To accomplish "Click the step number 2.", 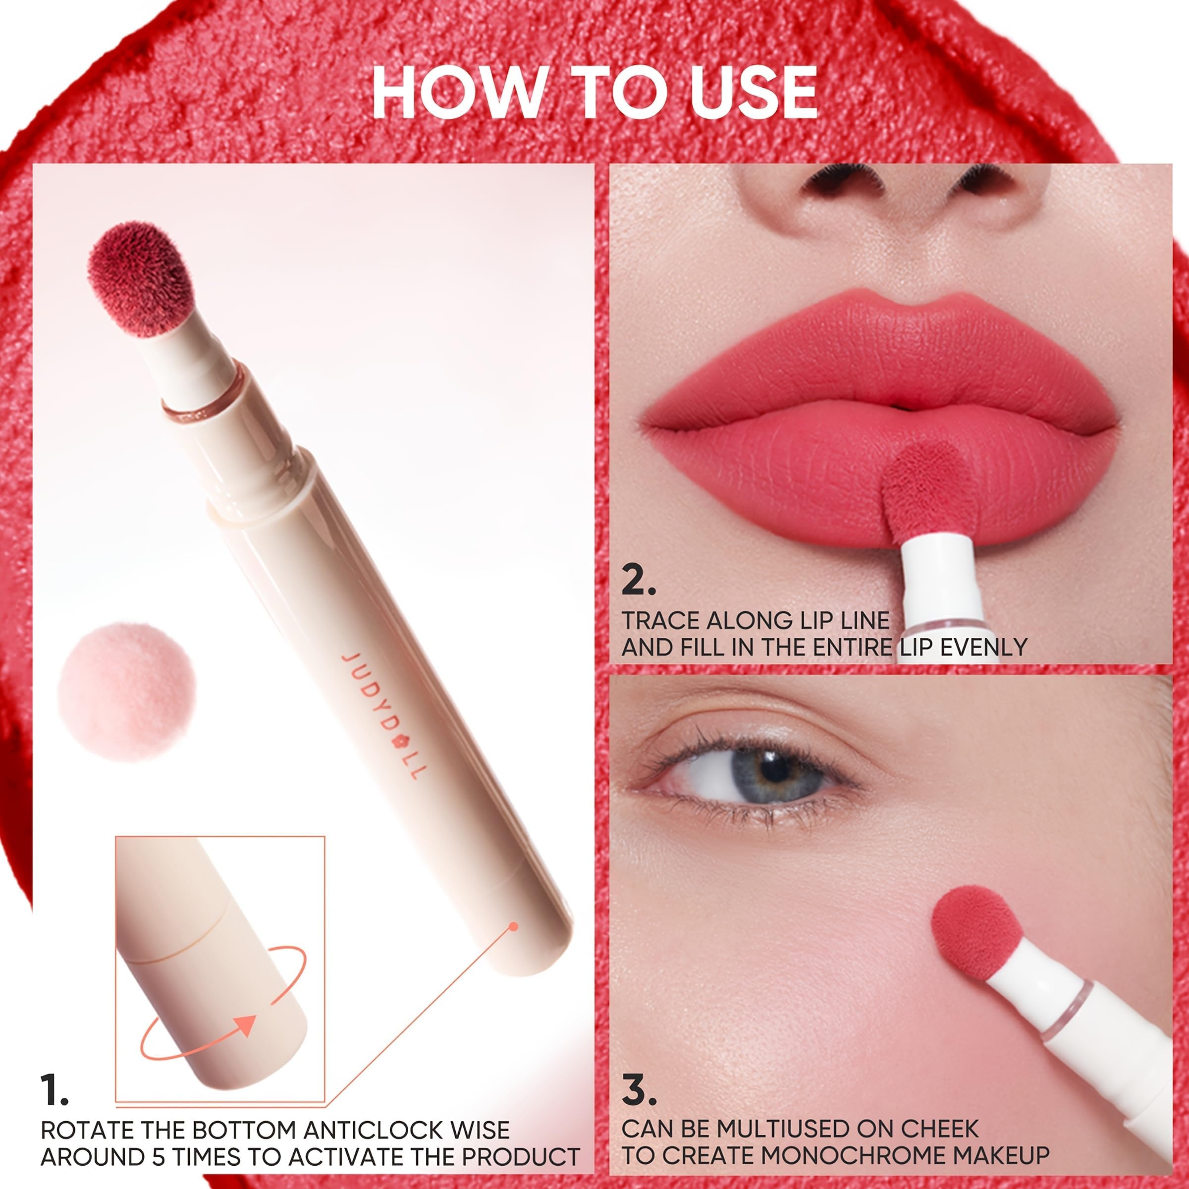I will (638, 582).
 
